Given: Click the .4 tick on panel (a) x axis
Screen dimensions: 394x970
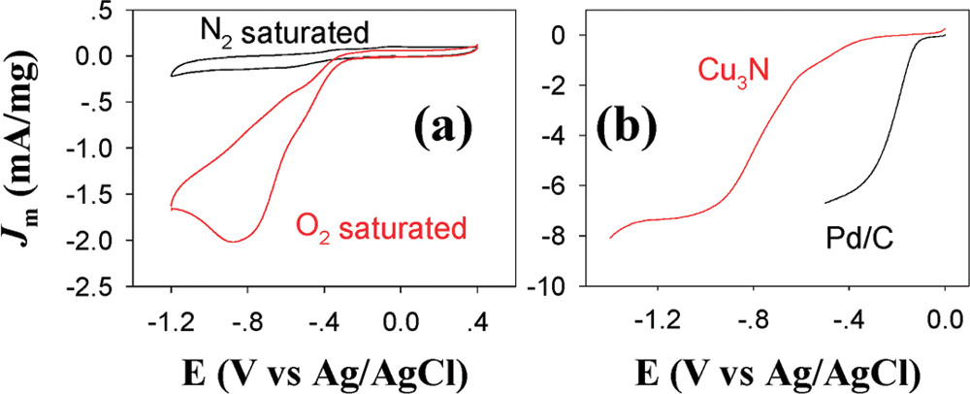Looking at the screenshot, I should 475,315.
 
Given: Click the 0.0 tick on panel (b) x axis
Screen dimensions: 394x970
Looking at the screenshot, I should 945,315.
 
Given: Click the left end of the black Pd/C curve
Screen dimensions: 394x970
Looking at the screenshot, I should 824,203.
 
